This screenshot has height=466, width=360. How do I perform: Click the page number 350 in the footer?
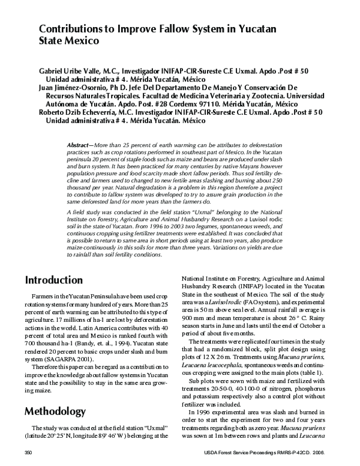point(27,452)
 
